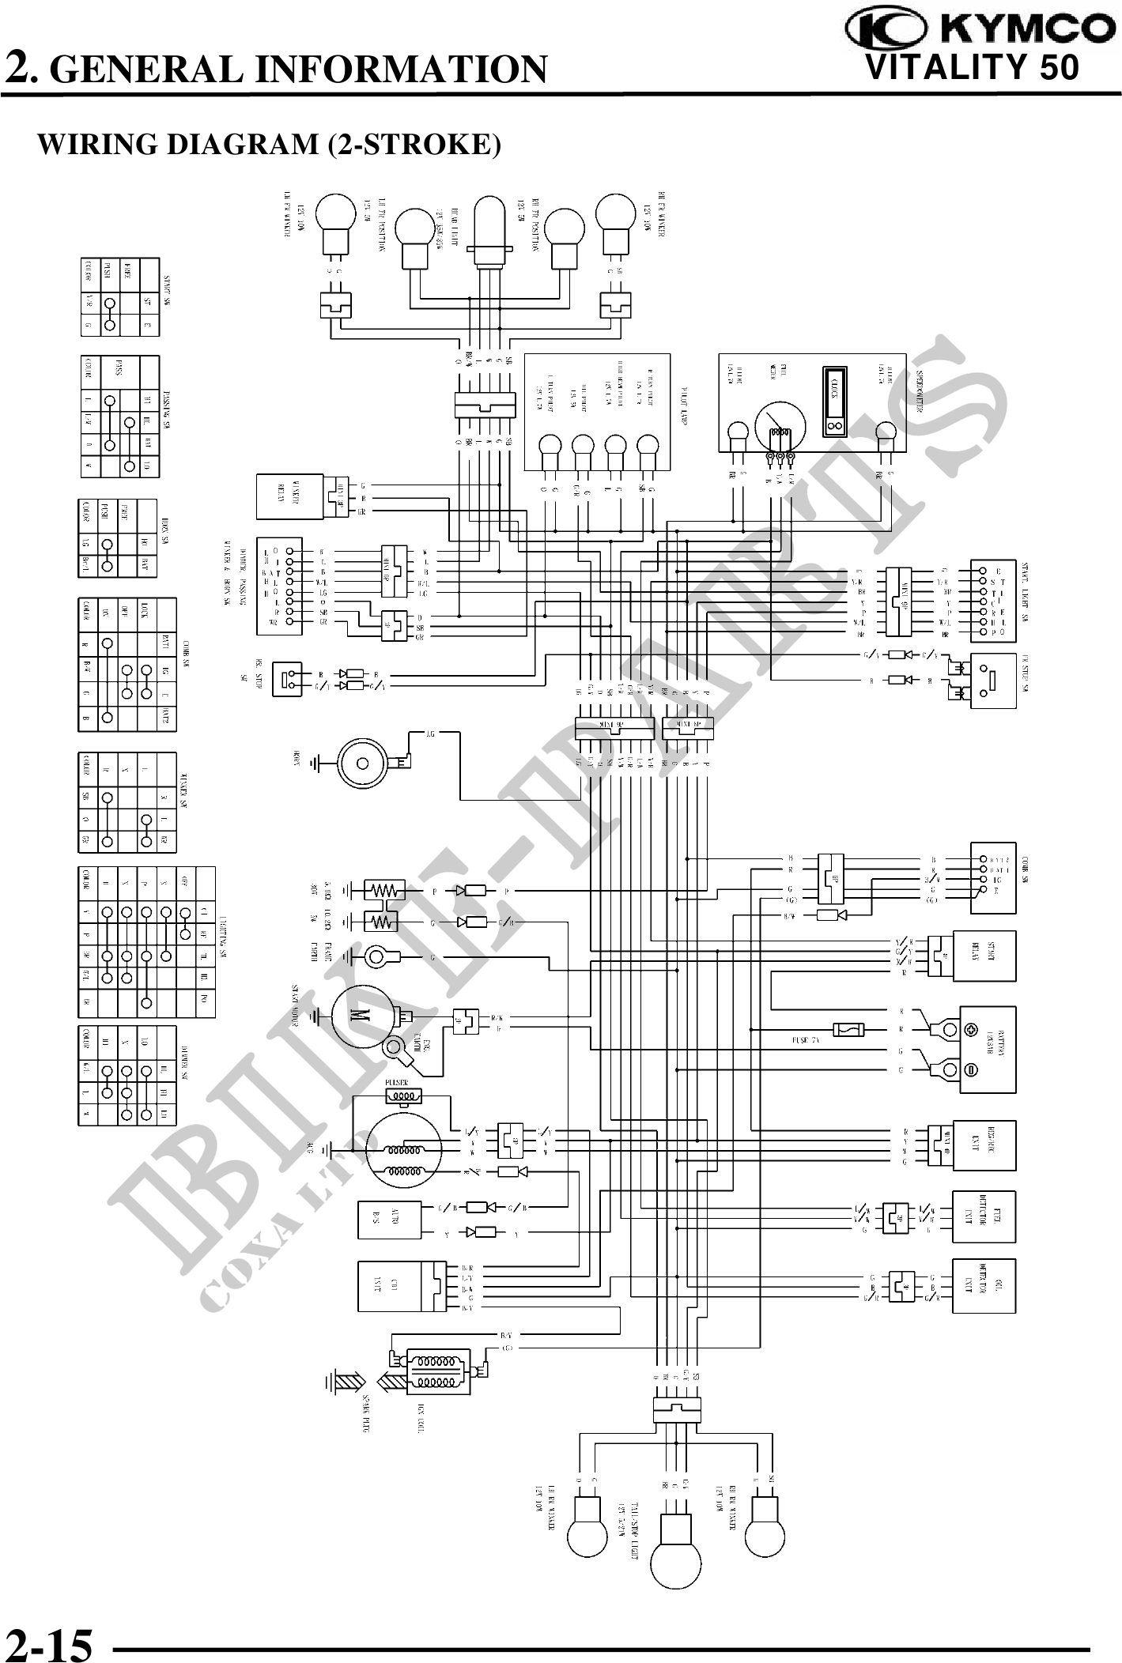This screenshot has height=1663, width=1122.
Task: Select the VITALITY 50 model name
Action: click(x=973, y=68)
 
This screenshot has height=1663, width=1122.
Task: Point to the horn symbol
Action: click(x=363, y=764)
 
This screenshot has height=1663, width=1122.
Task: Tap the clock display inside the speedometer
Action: click(x=833, y=402)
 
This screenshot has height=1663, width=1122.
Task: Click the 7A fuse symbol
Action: click(x=849, y=1029)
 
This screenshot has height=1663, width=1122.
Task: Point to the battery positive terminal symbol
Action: click(x=972, y=1029)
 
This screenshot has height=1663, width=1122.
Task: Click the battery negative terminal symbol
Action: click(x=972, y=1070)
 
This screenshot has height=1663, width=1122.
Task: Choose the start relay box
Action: click(x=984, y=956)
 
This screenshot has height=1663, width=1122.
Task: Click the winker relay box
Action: click(x=289, y=497)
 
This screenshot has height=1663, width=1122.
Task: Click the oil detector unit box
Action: click(x=984, y=1286)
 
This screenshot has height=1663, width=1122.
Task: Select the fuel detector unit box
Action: click(x=984, y=1217)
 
